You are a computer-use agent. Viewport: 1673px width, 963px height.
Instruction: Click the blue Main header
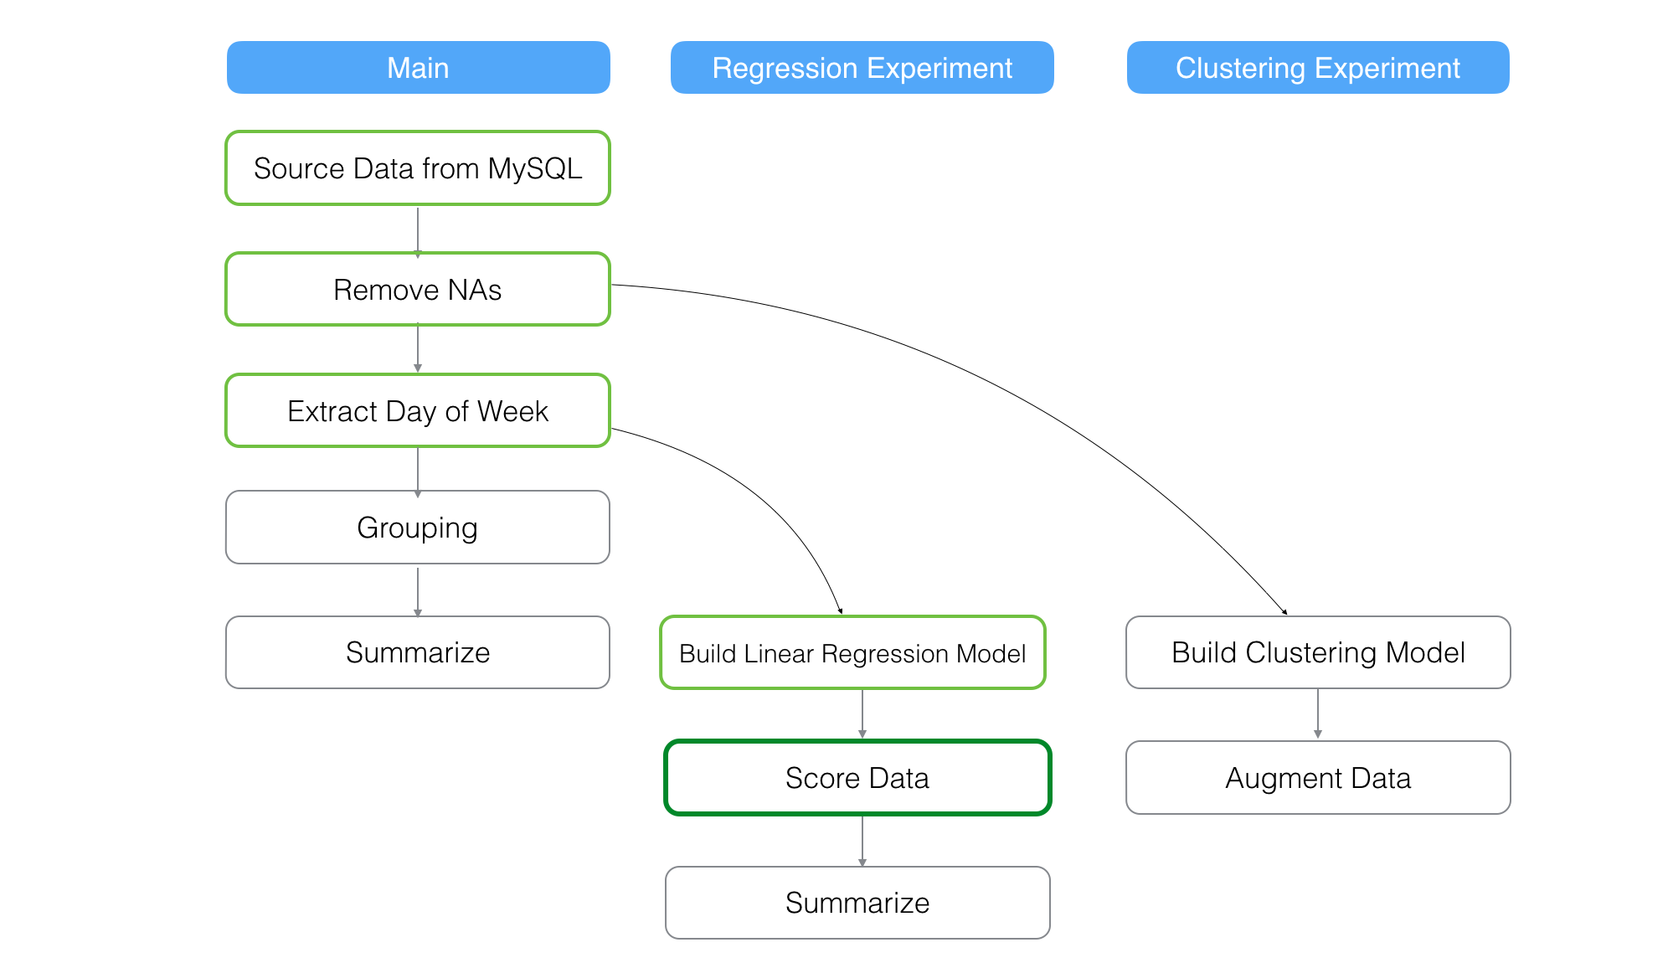point(418,68)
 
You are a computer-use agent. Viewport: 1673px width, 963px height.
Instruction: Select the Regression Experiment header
point(862,68)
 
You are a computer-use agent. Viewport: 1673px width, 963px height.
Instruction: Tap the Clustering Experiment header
point(1317,68)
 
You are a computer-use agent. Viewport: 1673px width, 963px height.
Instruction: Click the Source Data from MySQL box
point(418,168)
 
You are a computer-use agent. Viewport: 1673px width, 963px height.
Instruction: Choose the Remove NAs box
point(418,290)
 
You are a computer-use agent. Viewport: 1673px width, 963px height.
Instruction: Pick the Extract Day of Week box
point(418,411)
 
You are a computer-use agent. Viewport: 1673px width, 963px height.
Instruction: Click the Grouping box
point(418,528)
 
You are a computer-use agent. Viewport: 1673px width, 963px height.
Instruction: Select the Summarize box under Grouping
point(418,652)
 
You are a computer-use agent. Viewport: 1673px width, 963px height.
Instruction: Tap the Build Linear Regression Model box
point(852,653)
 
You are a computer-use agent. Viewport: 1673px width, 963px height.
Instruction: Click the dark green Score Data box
point(857,778)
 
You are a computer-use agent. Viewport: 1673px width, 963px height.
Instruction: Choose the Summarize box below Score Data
point(857,903)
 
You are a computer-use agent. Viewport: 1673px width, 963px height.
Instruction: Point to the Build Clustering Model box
point(1318,652)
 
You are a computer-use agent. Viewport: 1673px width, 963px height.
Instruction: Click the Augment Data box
point(1318,778)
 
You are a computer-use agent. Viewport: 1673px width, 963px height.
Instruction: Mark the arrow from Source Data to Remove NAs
point(418,229)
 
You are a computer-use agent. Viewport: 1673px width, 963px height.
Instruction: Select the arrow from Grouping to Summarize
point(418,591)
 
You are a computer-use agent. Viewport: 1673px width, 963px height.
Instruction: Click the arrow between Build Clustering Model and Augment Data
point(1318,713)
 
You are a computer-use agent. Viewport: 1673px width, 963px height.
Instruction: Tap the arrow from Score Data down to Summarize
point(862,840)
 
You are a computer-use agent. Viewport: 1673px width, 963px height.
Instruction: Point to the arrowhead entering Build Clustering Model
point(1284,612)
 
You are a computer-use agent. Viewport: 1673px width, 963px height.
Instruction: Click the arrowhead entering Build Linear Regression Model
point(840,611)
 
